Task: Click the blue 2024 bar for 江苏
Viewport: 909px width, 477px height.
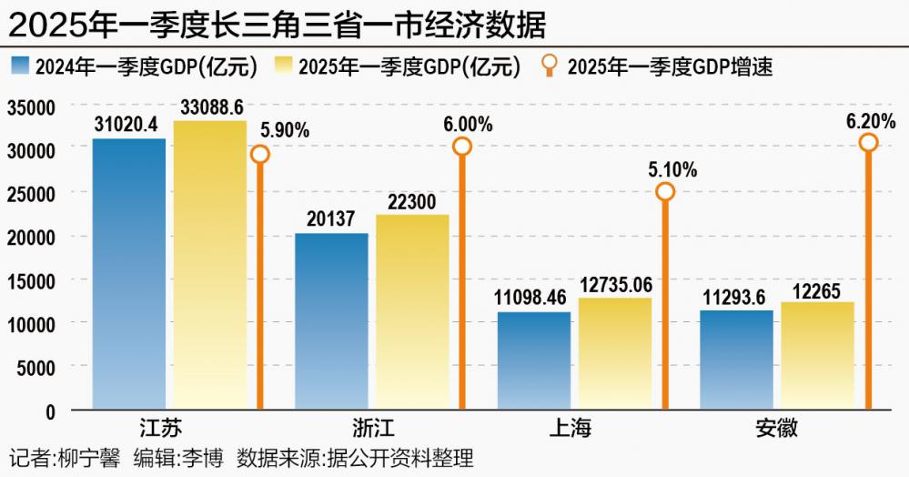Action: click(x=128, y=273)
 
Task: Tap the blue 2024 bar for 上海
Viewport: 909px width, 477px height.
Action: click(x=533, y=360)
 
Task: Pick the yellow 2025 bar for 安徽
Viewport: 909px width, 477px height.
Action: click(x=816, y=356)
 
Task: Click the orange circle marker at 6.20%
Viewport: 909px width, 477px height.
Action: click(x=868, y=142)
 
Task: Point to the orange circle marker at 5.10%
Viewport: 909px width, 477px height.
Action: click(x=665, y=191)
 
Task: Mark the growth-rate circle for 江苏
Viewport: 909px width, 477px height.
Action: click(x=260, y=154)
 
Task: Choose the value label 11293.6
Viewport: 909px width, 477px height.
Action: click(x=736, y=297)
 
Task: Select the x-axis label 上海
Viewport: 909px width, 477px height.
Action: click(x=574, y=429)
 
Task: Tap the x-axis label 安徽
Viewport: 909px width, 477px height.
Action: click(x=776, y=429)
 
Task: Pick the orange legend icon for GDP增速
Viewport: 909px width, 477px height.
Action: click(x=550, y=66)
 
